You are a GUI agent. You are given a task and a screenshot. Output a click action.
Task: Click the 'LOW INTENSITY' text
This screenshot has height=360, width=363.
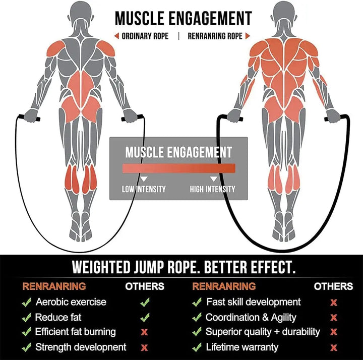144,189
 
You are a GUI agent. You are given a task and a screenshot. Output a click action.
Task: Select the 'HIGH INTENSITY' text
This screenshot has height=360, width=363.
212,189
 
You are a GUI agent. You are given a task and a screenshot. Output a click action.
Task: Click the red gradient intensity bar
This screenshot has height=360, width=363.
178,168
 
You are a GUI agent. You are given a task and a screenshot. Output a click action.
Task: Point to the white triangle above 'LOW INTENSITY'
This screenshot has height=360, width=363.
144,178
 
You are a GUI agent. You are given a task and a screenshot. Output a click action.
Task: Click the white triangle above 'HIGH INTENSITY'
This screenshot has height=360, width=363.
213,178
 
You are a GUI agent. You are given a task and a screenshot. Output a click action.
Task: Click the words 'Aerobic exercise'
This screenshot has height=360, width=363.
71,302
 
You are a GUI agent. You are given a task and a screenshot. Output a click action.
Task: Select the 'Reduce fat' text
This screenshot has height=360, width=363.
58,317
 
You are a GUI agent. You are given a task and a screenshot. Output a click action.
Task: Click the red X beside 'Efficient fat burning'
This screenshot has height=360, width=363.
145,332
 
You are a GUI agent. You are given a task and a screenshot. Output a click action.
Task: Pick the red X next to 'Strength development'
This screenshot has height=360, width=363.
145,347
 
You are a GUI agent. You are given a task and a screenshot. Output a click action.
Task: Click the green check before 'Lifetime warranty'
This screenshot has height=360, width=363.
197,347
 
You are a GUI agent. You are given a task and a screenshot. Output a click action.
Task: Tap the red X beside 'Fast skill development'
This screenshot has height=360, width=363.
333,302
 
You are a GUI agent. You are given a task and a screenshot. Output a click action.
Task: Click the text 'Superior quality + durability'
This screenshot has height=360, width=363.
263,332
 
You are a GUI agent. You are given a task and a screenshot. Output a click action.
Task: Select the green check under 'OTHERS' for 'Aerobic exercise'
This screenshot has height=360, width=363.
145,302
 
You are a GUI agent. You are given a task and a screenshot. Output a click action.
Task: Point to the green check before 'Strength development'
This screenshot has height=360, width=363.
26,347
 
